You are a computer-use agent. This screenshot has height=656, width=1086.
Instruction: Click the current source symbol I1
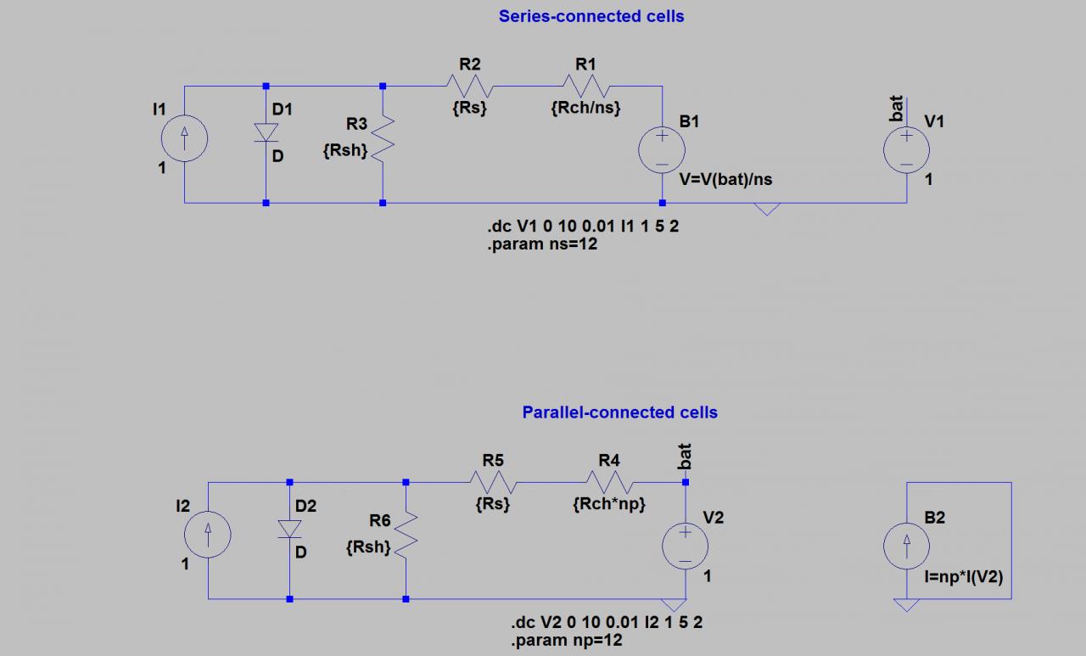[x=184, y=138]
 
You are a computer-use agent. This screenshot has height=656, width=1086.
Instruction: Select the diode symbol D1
[x=266, y=132]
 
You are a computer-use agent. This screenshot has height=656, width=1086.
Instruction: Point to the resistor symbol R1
[x=586, y=86]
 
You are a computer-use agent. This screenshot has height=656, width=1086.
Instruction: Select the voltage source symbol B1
[x=662, y=150]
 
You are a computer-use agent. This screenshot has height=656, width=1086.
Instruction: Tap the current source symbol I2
[x=208, y=535]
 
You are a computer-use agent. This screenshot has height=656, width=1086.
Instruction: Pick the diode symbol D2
[x=290, y=528]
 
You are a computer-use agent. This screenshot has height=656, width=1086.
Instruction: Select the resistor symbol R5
[x=493, y=482]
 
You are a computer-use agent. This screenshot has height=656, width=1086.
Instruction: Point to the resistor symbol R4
[x=609, y=482]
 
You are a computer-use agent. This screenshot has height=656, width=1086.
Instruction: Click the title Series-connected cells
[x=591, y=16]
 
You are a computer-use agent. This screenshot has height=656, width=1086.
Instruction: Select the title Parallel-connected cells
[x=619, y=412]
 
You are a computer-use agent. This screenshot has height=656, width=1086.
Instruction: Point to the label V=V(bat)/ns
[x=726, y=180]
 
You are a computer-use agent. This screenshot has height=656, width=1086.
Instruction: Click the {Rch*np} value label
[x=609, y=504]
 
